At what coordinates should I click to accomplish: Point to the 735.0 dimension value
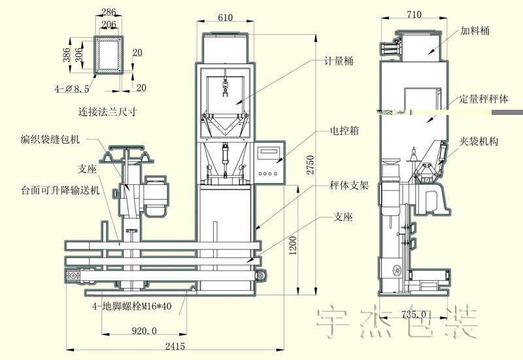412,314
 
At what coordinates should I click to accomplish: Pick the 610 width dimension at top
224,18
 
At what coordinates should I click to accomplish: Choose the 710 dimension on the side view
414,14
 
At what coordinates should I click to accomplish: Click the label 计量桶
339,61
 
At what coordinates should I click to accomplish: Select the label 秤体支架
349,186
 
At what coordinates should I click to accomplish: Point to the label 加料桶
475,31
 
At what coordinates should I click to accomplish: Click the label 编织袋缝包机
50,139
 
